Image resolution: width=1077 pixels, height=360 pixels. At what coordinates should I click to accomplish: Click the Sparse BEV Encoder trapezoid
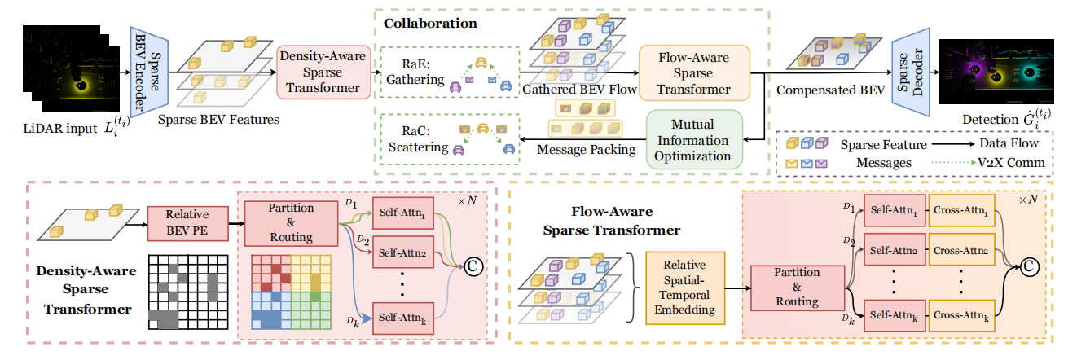147,71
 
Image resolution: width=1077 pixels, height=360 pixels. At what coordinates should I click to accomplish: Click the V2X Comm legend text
1013,163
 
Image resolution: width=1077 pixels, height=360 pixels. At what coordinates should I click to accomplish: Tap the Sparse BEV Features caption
219,120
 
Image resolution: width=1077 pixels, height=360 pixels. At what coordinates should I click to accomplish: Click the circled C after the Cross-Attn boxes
1031,263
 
